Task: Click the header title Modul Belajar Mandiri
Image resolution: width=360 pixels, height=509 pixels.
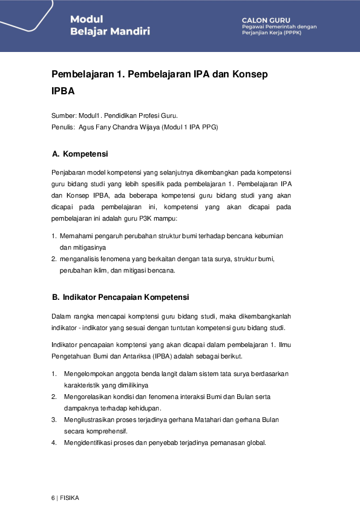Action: click(110, 25)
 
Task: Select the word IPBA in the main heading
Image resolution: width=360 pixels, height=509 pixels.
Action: click(64, 93)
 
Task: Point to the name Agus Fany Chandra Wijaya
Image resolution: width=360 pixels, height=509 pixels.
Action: click(119, 127)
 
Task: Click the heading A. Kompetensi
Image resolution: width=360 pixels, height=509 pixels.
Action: click(80, 154)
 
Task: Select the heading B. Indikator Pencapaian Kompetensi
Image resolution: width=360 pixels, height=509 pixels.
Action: click(121, 297)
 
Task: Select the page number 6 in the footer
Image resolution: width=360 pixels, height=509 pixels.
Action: click(53, 498)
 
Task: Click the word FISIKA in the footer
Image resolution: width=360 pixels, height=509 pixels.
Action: click(69, 498)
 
